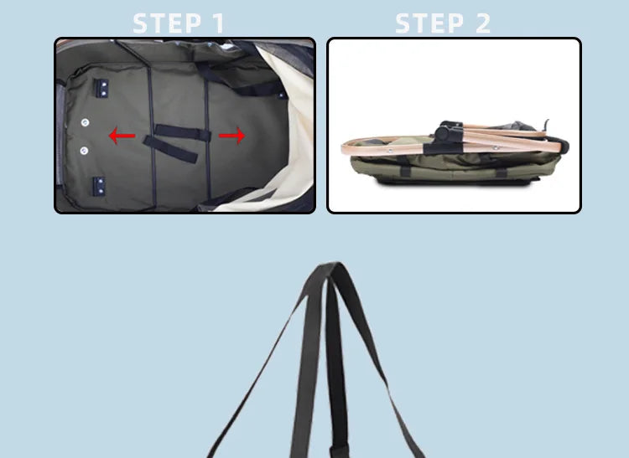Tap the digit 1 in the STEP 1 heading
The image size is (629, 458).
pyautogui.click(x=218, y=23)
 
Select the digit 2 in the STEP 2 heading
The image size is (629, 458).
pyautogui.click(x=482, y=23)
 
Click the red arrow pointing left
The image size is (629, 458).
pyautogui.click(x=122, y=136)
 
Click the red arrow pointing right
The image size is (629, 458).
pyautogui.click(x=233, y=135)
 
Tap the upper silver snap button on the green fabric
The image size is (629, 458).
pyautogui.click(x=85, y=122)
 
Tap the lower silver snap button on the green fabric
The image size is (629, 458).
pyautogui.click(x=84, y=150)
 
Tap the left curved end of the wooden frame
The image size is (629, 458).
pyautogui.click(x=346, y=149)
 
